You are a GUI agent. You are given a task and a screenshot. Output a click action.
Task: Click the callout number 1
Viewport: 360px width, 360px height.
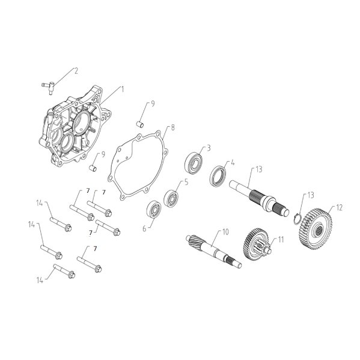click(123, 88)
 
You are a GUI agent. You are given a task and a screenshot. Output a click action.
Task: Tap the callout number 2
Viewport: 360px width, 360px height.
click(76, 70)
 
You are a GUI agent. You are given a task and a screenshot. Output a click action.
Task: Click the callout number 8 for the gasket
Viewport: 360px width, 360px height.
click(173, 127)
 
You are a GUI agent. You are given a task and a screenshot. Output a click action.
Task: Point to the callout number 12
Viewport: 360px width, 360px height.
click(339, 207)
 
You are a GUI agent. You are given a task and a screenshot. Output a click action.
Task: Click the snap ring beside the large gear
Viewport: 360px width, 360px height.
click(298, 217)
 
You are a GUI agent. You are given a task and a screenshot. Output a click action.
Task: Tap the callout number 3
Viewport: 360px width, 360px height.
click(208, 147)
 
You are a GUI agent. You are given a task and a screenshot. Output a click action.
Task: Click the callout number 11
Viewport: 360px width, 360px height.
click(279, 239)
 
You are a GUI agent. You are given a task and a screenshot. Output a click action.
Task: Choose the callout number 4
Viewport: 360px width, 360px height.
click(233, 162)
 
